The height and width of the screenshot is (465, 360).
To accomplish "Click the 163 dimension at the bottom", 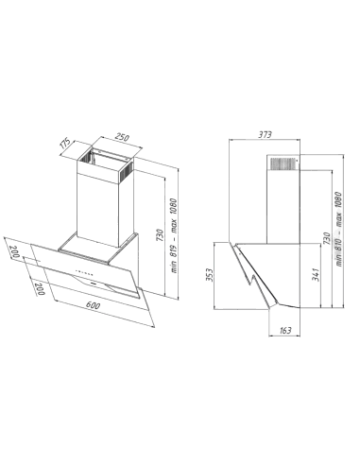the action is (x=282, y=330).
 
